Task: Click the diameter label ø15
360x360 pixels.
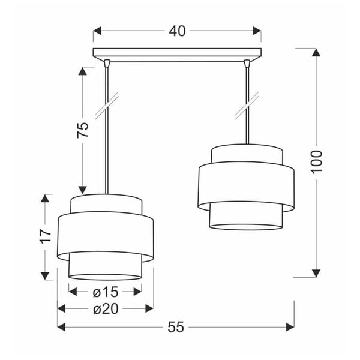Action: coord(105,292)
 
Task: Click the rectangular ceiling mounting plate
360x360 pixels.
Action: coord(177,53)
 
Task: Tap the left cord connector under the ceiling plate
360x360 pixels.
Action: coord(106,62)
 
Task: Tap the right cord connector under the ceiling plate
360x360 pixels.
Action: coord(247,62)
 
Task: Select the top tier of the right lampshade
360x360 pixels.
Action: coord(245,155)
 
